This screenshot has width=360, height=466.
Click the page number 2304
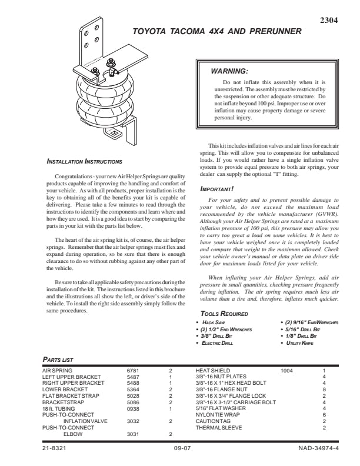(x=328, y=21)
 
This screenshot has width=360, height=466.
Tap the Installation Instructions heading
(x=84, y=161)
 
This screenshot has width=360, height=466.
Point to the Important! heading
(x=217, y=189)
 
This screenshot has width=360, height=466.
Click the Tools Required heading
(x=224, y=314)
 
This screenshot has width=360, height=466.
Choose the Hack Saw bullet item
(x=215, y=323)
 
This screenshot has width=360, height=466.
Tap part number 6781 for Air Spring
(x=133, y=371)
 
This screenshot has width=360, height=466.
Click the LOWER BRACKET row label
(x=65, y=390)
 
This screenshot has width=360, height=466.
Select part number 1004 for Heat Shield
(x=287, y=371)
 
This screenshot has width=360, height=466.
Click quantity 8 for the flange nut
(x=324, y=390)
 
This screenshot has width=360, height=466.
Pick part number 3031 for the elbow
(x=133, y=434)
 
